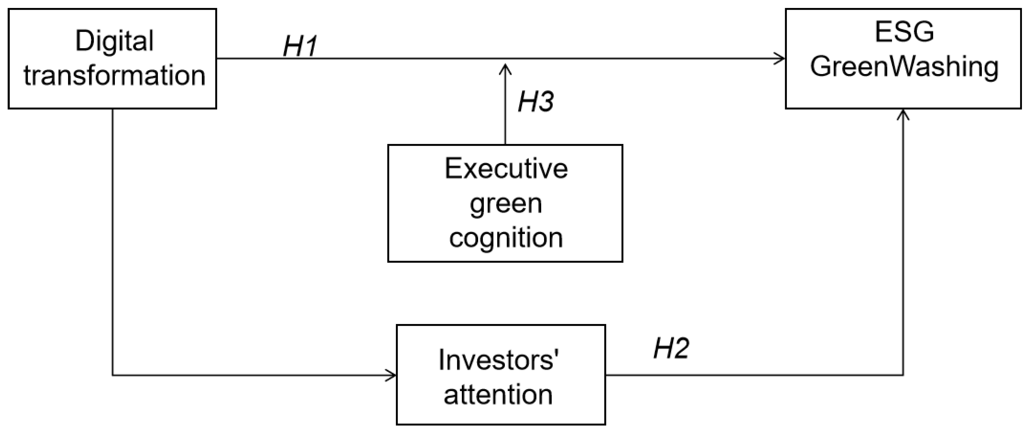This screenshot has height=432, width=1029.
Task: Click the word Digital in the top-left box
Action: (114, 41)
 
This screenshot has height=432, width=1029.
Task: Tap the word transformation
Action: (114, 76)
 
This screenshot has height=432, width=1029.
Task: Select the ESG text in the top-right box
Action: (904, 32)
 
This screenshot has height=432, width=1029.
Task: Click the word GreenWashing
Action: (904, 67)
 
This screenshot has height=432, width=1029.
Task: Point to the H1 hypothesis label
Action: (300, 46)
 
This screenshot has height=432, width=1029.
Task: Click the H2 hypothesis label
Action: (671, 348)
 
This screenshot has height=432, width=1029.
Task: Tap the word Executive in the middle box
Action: (506, 168)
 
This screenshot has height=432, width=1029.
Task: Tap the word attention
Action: (498, 395)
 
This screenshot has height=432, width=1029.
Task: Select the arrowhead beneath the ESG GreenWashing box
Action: (903, 115)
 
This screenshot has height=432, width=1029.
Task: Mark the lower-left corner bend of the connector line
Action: (113, 375)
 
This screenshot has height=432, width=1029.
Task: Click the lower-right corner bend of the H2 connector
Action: (903, 375)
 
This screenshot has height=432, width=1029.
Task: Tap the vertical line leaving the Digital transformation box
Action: (113, 240)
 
